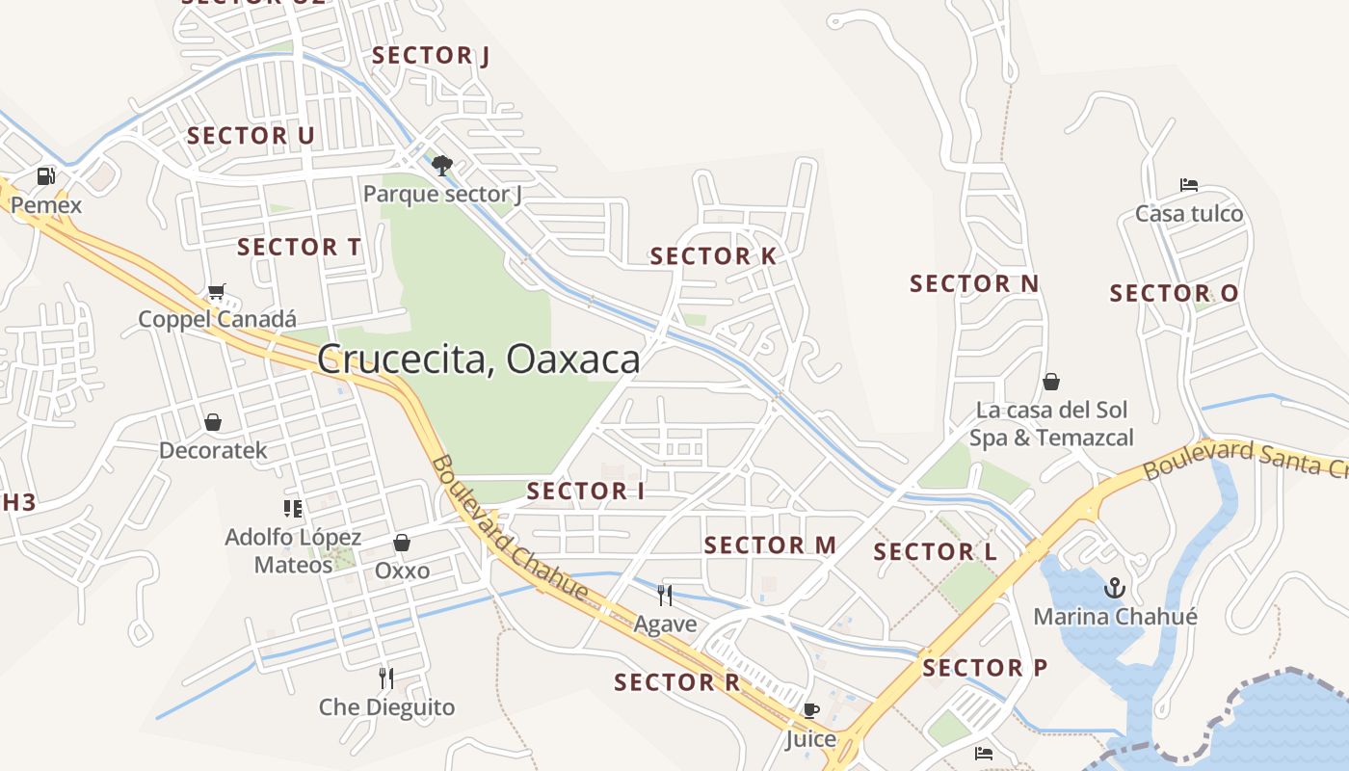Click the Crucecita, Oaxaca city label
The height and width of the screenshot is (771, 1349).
(x=478, y=359)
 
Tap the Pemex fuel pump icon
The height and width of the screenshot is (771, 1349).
(x=45, y=176)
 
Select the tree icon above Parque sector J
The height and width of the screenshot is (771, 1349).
(x=442, y=166)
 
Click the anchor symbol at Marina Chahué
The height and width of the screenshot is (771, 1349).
(x=1115, y=587)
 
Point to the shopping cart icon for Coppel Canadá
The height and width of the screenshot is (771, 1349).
(x=217, y=291)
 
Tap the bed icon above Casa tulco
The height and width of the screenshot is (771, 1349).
(x=1189, y=185)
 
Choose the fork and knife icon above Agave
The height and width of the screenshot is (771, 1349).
(x=664, y=595)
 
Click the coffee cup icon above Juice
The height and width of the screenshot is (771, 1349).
(x=810, y=711)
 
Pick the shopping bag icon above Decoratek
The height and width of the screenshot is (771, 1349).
(x=212, y=422)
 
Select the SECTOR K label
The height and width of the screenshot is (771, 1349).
(x=713, y=256)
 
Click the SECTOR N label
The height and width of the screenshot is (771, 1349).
(x=974, y=283)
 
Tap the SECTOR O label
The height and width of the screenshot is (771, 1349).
(x=1174, y=293)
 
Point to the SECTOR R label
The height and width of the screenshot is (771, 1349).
(x=677, y=682)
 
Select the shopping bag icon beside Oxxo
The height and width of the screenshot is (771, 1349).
(x=402, y=544)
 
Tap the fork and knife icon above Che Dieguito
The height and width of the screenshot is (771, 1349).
(x=386, y=678)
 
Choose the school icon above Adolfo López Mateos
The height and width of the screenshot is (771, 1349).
(x=293, y=508)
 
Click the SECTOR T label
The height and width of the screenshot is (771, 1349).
(x=299, y=247)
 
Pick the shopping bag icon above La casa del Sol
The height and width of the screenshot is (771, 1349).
(x=1051, y=382)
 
